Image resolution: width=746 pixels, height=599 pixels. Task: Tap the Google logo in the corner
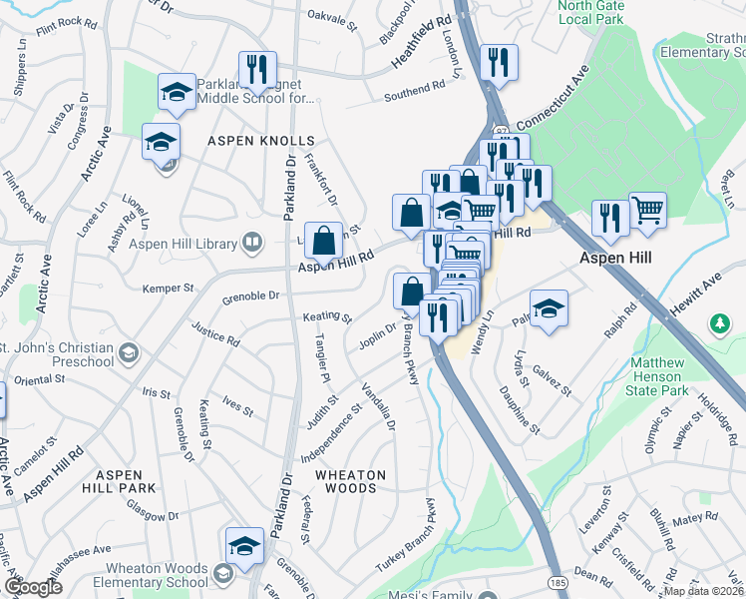tap(33, 587)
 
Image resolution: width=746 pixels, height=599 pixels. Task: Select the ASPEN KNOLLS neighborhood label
tap(260, 142)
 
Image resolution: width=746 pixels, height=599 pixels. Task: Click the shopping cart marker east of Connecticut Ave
tap(647, 211)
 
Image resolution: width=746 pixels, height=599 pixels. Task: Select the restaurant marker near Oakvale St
tap(259, 70)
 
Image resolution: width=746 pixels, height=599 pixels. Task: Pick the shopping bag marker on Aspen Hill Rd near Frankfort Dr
tap(324, 241)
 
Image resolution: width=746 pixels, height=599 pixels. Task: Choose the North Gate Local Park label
tap(590, 12)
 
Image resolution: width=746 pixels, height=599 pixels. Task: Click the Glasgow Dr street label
tap(152, 510)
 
